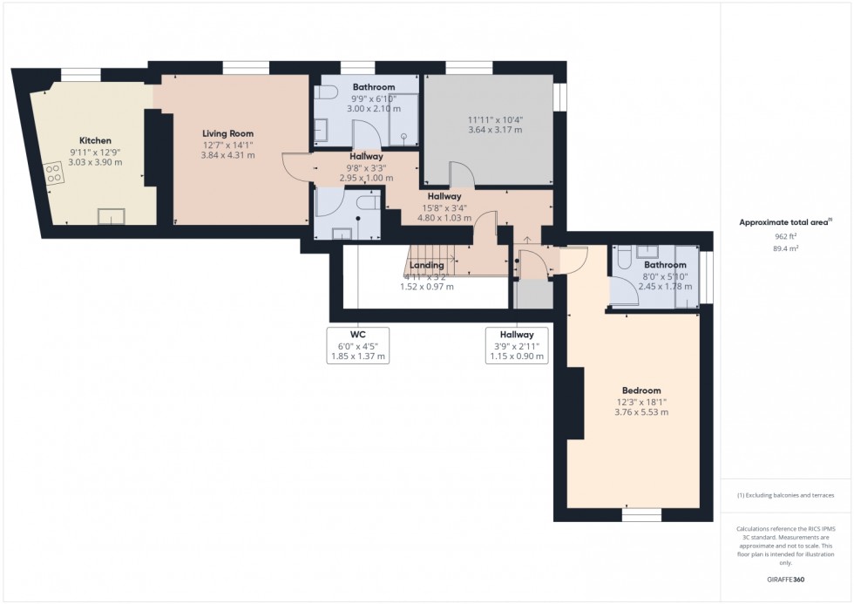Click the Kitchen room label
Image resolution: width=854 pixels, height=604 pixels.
(x=96, y=140)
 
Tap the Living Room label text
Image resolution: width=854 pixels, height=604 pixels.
(x=228, y=133)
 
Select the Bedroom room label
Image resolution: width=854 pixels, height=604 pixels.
(x=641, y=390)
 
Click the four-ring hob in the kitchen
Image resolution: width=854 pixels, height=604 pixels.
(x=53, y=174)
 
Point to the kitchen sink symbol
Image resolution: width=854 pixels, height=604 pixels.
(x=110, y=214)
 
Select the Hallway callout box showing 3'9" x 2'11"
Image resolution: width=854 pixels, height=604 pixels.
(x=517, y=345)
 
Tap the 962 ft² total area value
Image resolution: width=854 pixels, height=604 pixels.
(x=786, y=235)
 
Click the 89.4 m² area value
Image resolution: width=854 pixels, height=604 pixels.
(x=786, y=248)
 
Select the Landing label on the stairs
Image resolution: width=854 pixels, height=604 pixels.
(x=427, y=265)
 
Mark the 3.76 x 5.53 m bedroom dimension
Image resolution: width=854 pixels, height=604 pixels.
(x=641, y=412)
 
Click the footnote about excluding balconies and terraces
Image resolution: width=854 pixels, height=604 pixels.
(x=786, y=495)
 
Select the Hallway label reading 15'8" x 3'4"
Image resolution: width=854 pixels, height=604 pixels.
(x=444, y=207)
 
